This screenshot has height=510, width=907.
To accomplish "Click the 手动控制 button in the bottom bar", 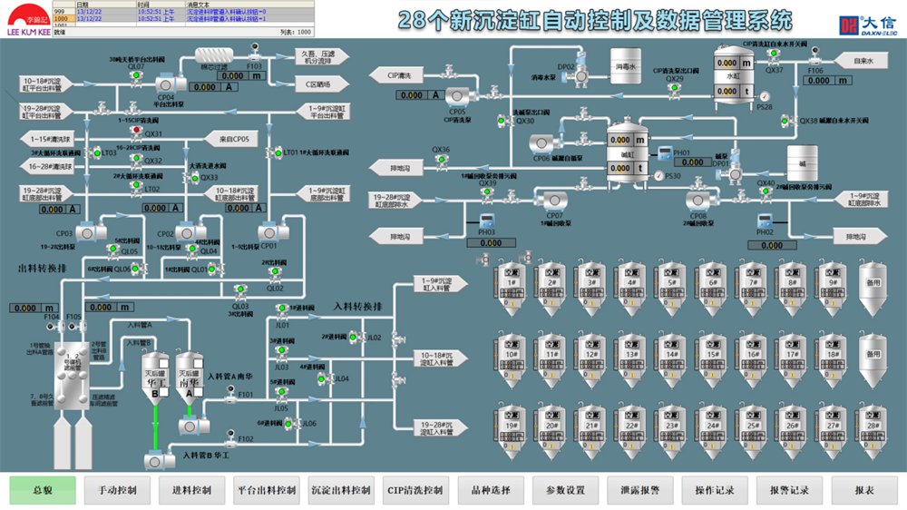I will point(117,490).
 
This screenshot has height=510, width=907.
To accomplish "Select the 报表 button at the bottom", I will point(864,490).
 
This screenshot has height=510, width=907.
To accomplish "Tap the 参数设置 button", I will point(565,490).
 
